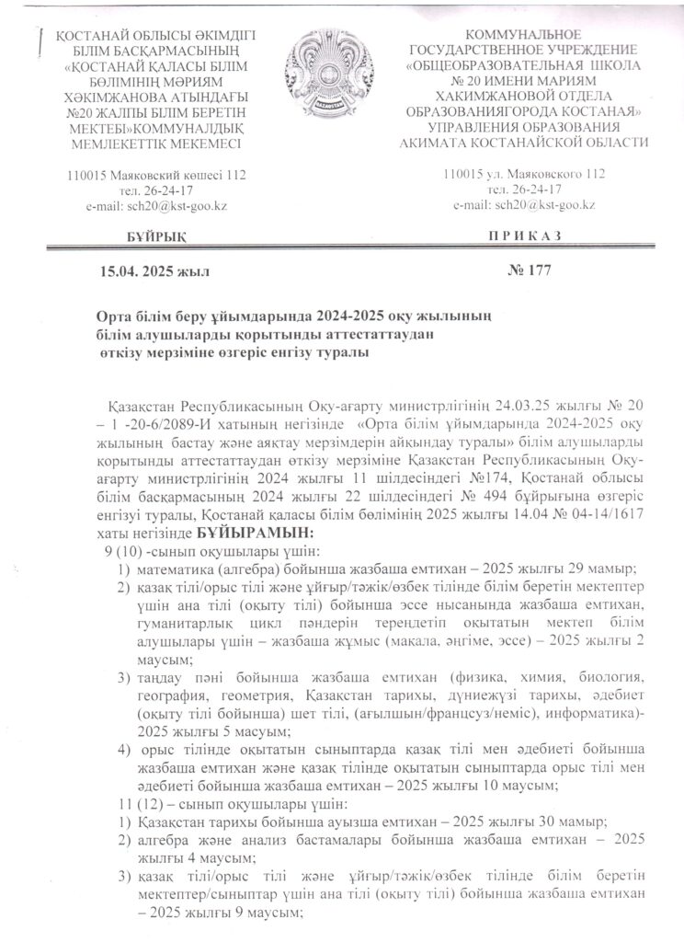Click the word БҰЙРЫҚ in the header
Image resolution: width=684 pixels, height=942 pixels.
click(x=153, y=236)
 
